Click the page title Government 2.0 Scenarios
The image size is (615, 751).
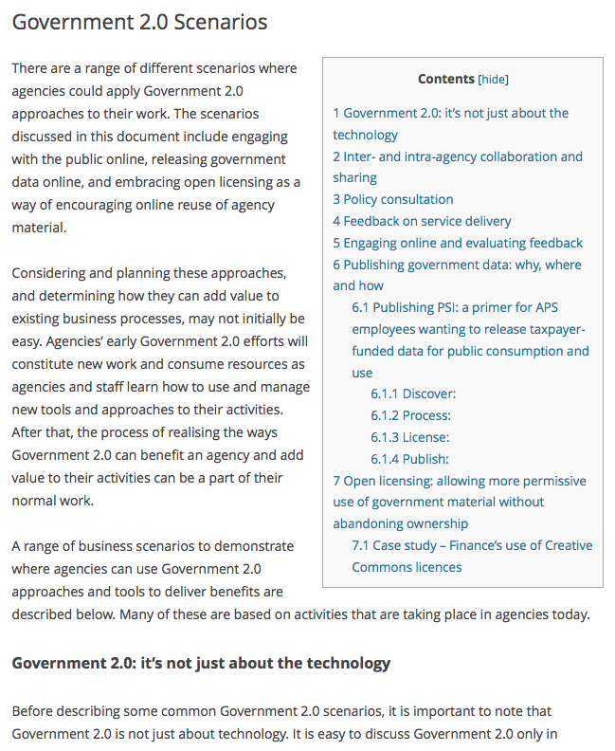[139, 22]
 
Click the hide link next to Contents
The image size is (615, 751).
[493, 80]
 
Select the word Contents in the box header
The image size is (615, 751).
[446, 80]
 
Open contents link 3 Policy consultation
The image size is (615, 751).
[393, 199]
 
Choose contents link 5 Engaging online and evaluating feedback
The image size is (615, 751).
[458, 243]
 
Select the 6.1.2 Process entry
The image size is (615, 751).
[410, 415]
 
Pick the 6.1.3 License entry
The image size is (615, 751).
[409, 437]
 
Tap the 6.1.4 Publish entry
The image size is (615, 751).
[409, 459]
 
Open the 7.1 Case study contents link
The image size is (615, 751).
[472, 545]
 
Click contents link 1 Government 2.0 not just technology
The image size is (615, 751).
[451, 113]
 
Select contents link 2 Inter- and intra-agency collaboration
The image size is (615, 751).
[458, 156]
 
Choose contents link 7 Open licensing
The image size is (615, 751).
[460, 481]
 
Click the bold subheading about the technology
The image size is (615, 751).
[201, 663]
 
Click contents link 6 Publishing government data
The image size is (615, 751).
[457, 265]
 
